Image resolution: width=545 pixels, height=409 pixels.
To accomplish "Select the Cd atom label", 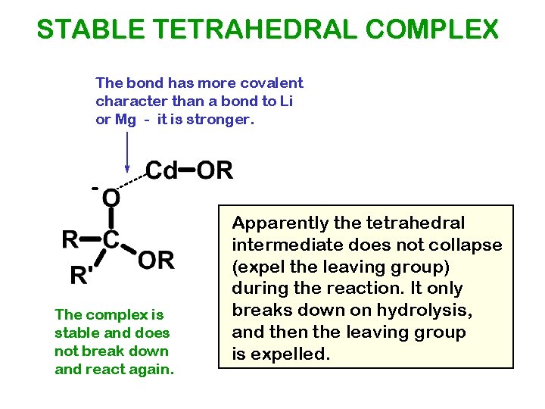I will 160,170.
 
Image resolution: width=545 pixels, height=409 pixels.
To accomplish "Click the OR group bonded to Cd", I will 216,170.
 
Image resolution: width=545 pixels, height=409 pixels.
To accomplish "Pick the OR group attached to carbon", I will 157,261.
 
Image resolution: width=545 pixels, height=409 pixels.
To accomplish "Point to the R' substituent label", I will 83,275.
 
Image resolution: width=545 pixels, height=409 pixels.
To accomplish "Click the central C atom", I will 111,240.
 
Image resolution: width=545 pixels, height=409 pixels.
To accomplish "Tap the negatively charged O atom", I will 111,198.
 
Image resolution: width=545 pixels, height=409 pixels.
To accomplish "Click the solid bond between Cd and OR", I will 187,170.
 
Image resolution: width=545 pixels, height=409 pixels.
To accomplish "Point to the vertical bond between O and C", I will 111,219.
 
